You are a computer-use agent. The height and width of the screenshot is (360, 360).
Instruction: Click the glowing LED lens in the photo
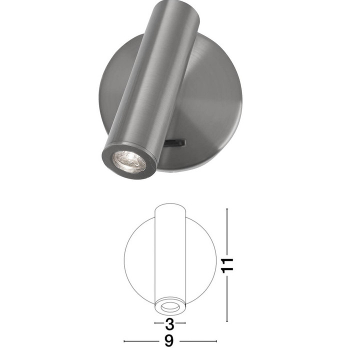point(129,161)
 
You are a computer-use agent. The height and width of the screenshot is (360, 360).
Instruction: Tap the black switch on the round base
point(175,142)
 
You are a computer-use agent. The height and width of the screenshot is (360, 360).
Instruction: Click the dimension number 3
point(170,324)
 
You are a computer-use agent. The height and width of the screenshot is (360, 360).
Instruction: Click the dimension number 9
point(169,341)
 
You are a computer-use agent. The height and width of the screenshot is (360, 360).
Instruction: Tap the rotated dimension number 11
point(227,265)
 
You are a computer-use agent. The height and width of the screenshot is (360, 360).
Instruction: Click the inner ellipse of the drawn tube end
point(170,307)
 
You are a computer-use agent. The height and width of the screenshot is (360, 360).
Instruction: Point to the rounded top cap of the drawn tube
point(170,206)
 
